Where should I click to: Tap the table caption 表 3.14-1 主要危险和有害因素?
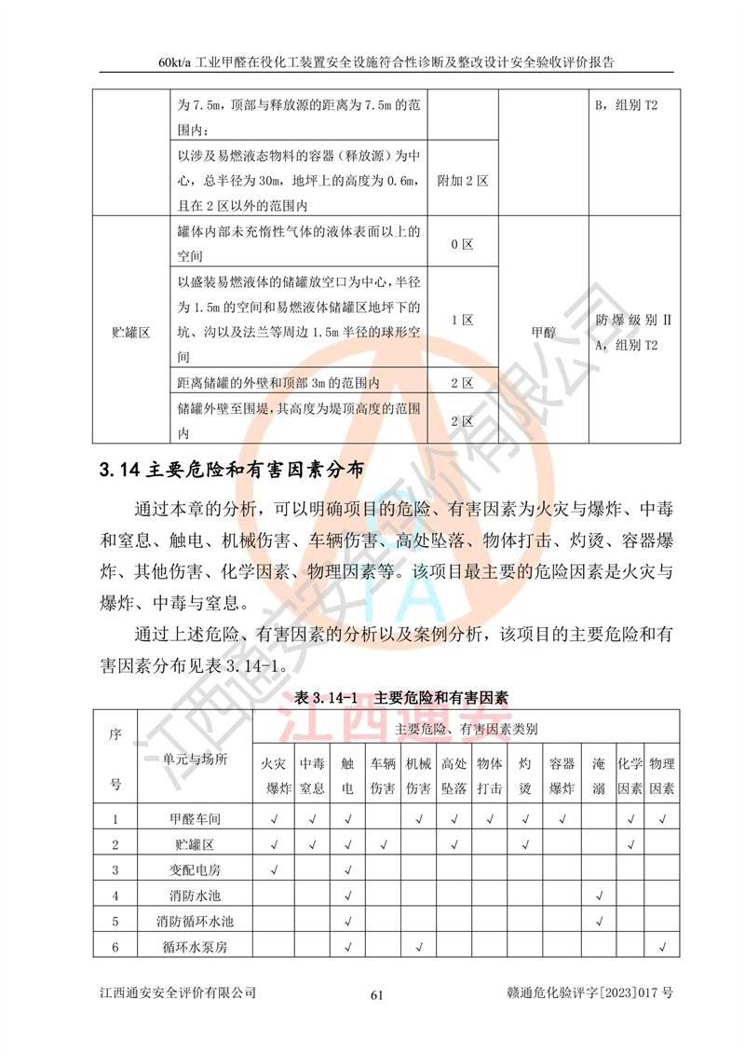pyautogui.click(x=400, y=696)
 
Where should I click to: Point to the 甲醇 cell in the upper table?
pyautogui.click(x=545, y=330)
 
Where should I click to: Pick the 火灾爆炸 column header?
pyautogui.click(x=275, y=775)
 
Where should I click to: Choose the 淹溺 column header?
pyautogui.click(x=599, y=775)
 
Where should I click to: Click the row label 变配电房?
pyautogui.click(x=196, y=870)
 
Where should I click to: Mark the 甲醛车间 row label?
pyautogui.click(x=196, y=819)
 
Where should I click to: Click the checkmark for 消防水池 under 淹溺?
pyautogui.click(x=599, y=897)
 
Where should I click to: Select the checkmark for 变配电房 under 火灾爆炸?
pyautogui.click(x=275, y=870)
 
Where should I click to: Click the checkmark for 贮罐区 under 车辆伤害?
pyautogui.click(x=383, y=845)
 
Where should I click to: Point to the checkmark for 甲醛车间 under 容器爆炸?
pyautogui.click(x=561, y=819)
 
